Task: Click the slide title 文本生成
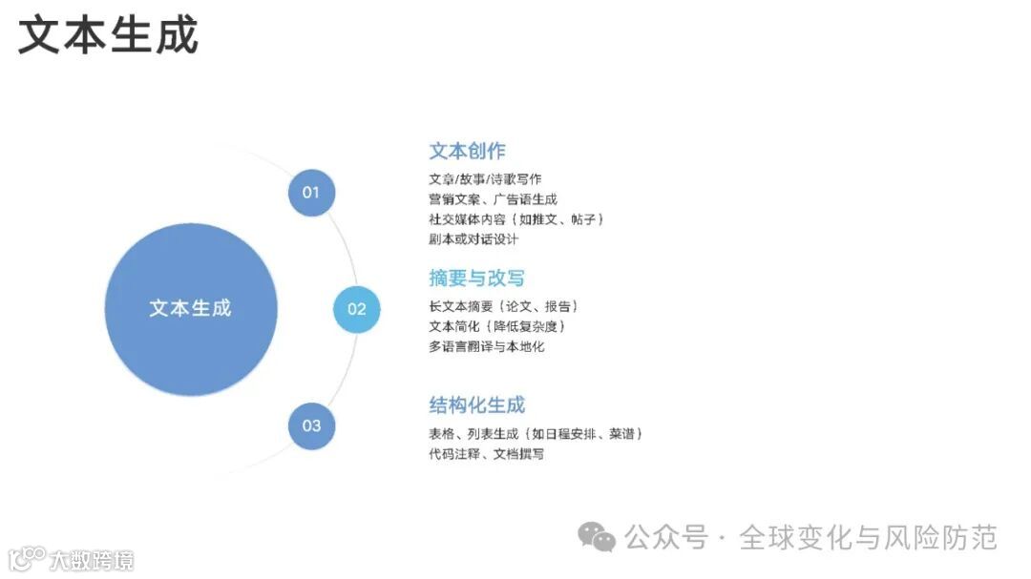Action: coord(108,35)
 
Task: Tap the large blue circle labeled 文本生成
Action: coord(190,309)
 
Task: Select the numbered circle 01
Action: coord(311,193)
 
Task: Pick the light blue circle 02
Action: coord(356,309)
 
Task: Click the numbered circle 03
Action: coord(311,425)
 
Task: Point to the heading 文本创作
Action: coord(467,151)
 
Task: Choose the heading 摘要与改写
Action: coord(476,279)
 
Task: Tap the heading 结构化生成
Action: coord(476,405)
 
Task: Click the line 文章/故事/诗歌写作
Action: coord(485,179)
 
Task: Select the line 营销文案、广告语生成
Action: coord(493,199)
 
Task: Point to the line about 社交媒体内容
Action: coord(516,219)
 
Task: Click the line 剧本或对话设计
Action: coord(473,239)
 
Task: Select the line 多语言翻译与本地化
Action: coord(486,346)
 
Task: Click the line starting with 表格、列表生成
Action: coord(536,434)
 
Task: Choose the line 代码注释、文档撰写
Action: coord(486,454)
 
